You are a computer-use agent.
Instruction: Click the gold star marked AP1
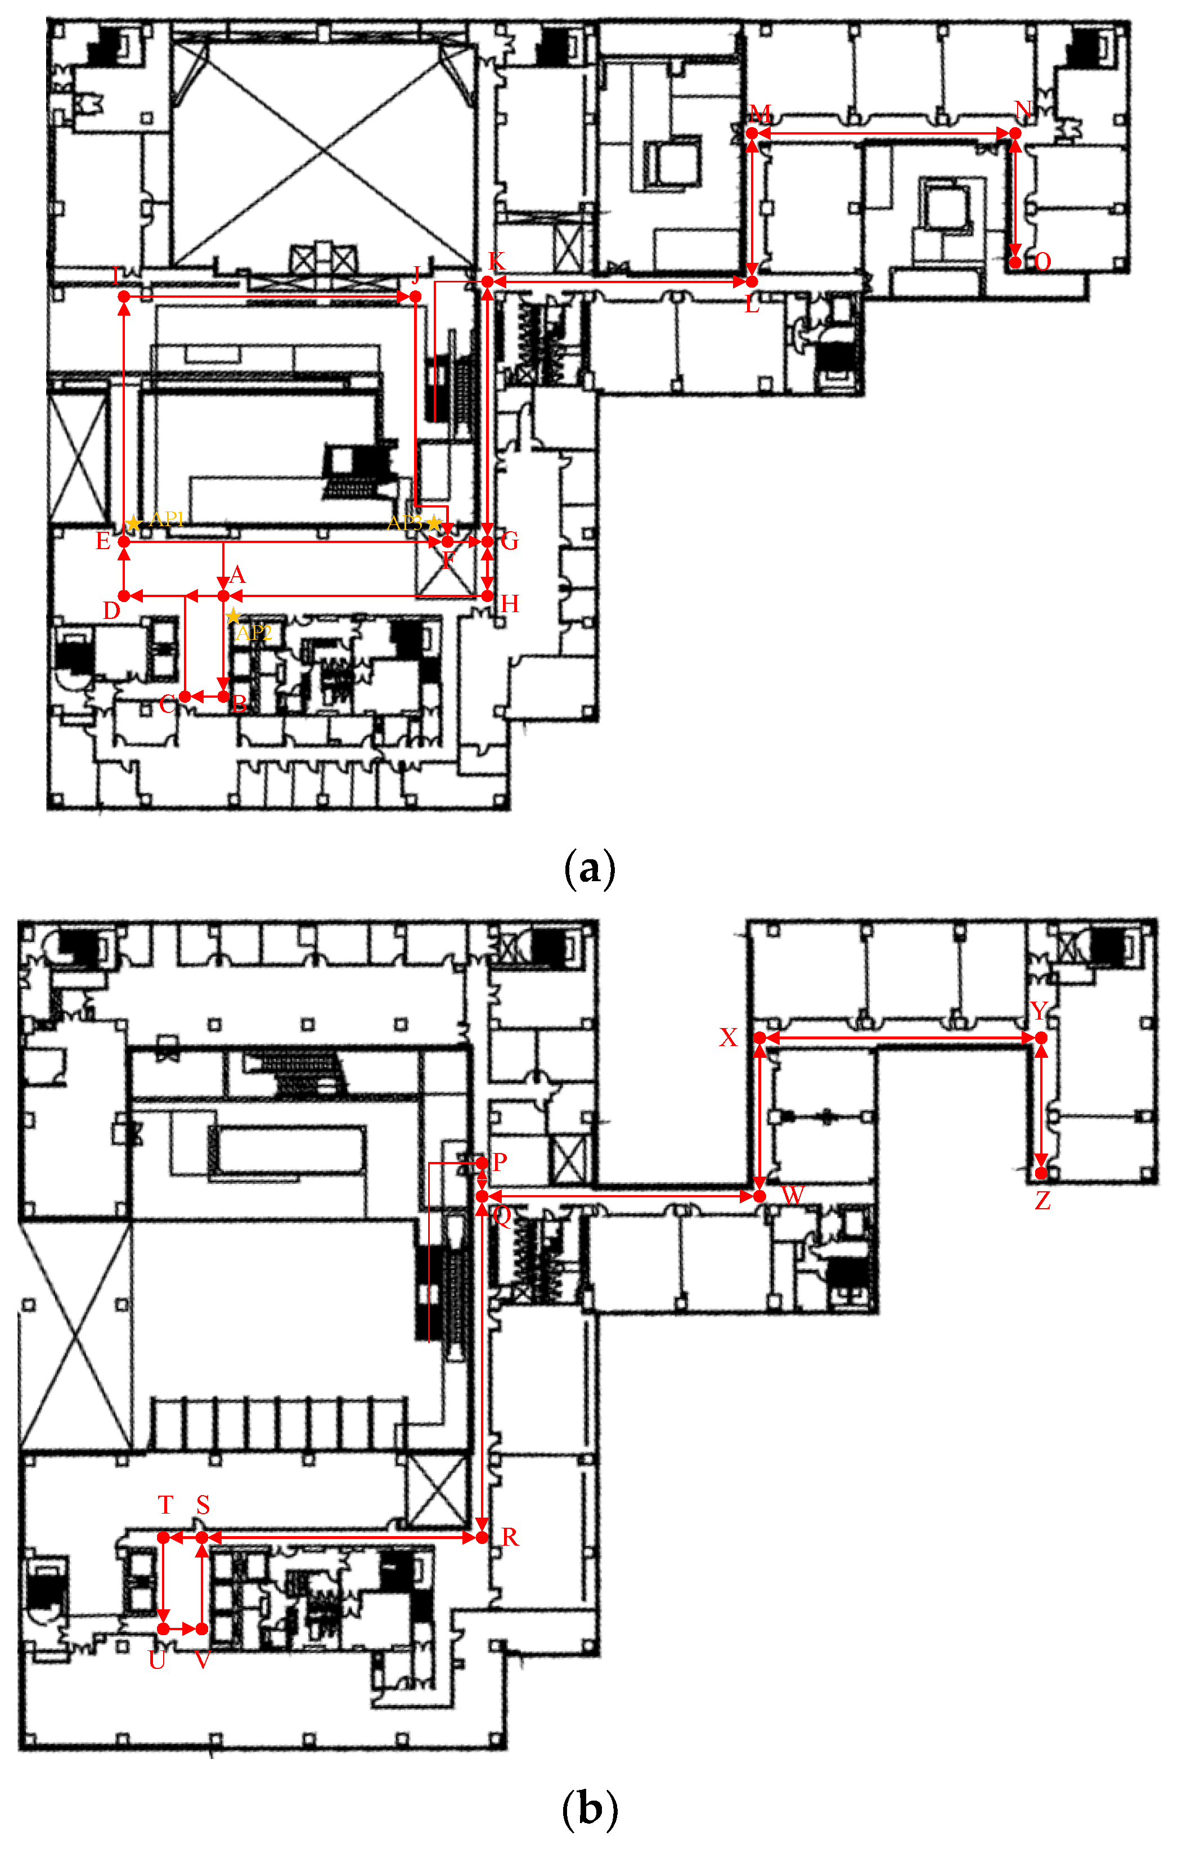[134, 524]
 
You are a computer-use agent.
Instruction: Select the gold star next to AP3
[434, 524]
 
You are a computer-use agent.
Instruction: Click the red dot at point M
[752, 133]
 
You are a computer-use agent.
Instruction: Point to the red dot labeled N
[1015, 133]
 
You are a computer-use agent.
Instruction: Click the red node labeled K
[488, 282]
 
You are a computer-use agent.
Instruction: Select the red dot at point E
[124, 541]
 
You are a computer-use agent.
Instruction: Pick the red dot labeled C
[185, 697]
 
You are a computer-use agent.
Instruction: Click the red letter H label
[509, 604]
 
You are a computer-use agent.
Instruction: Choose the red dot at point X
[759, 1038]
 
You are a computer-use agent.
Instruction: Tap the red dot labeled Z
[1041, 1173]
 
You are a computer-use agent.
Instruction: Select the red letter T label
[166, 1505]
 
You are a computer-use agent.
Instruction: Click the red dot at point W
[759, 1196]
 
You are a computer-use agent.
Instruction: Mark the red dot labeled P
[482, 1163]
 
